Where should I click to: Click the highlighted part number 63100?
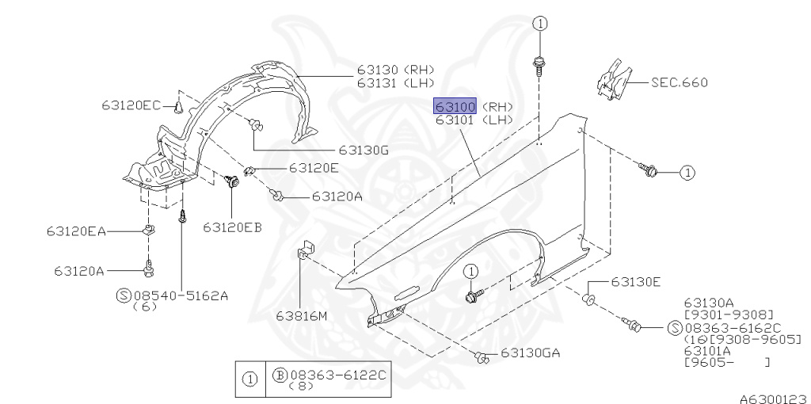(x=455, y=107)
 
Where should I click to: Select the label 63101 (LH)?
(x=474, y=120)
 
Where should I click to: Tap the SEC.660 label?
(x=679, y=82)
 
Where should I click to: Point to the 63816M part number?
(x=301, y=315)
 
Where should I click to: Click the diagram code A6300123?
(x=775, y=398)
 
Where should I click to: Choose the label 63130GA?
(x=530, y=353)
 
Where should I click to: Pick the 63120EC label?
(x=131, y=105)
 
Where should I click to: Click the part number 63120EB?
(x=232, y=227)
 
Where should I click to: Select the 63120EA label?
(x=76, y=231)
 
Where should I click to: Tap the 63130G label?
(x=364, y=151)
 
